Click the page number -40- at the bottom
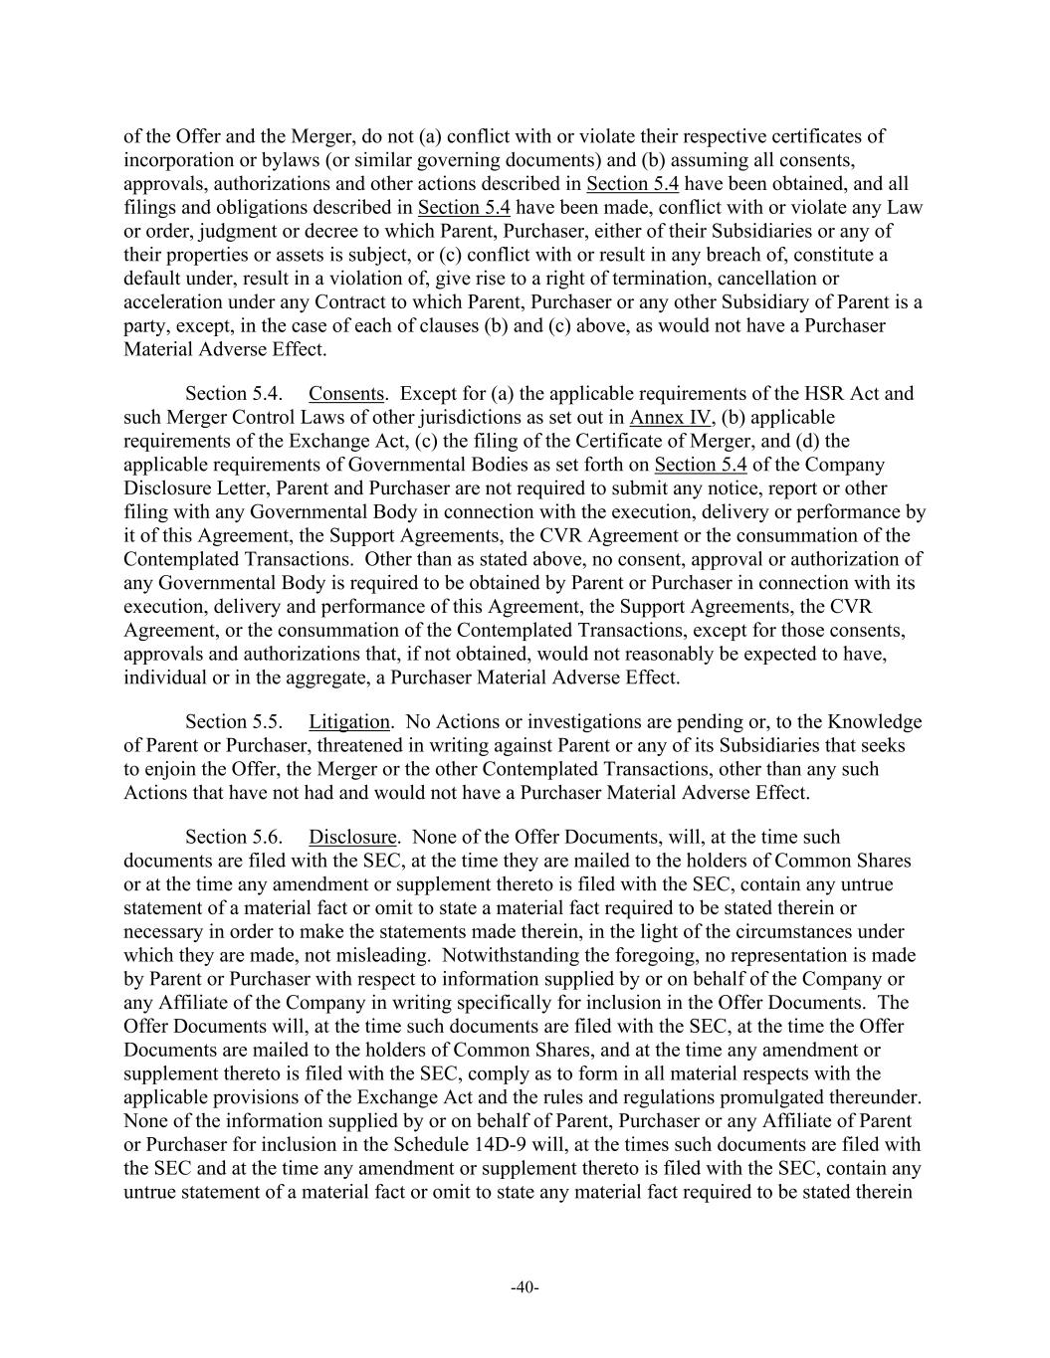525,1288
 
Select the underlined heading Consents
345,393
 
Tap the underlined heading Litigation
348,721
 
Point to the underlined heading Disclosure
352,837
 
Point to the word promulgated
801,1097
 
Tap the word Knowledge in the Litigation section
875,721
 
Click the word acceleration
171,301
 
